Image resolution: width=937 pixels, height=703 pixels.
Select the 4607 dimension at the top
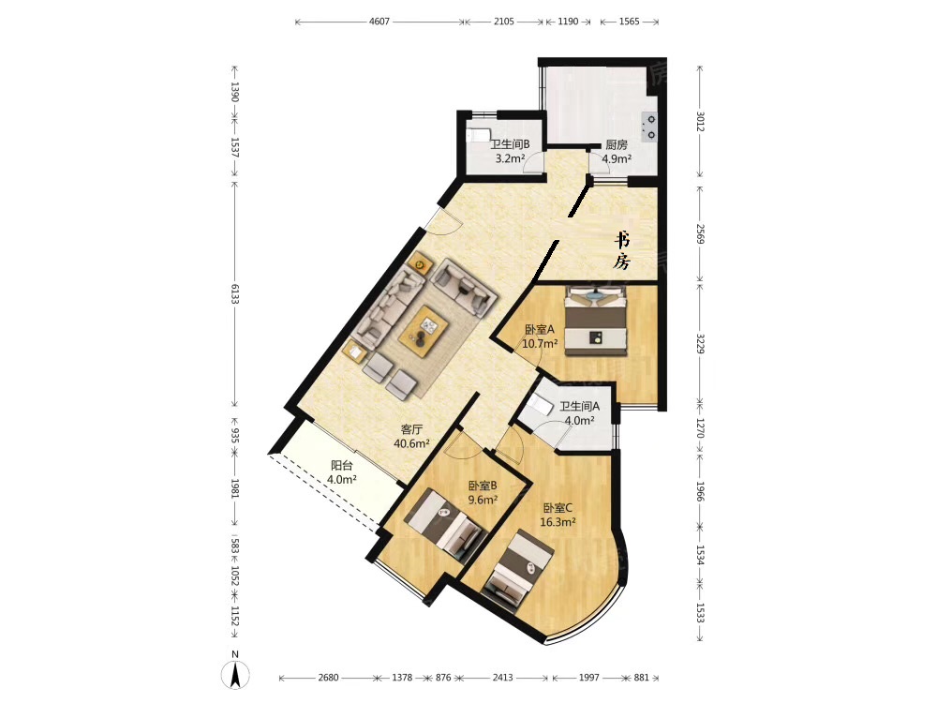pos(379,22)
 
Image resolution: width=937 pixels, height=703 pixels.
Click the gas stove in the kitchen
pos(649,127)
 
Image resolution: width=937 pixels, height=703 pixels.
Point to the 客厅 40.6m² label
pos(411,437)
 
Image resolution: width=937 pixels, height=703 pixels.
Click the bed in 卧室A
pos(596,320)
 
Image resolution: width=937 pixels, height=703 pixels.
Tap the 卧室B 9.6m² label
pos(483,493)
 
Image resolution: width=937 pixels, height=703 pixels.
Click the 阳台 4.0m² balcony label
pos(342,472)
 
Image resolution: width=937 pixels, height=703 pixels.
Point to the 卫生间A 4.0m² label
pos(579,413)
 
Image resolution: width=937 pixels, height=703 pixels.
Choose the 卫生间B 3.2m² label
pos(510,152)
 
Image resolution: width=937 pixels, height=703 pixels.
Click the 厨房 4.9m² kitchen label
pos(617,152)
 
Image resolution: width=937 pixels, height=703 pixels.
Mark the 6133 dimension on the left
pos(235,292)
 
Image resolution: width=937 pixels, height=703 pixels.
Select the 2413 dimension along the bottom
pos(502,678)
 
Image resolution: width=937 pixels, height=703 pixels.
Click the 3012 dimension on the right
pos(700,120)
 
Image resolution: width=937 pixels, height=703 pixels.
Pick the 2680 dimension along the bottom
pos(328,678)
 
